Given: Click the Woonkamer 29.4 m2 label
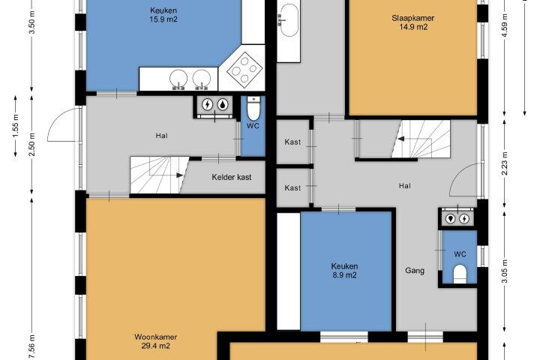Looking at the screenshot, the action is click(x=156, y=341).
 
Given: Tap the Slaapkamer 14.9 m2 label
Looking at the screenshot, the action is click(x=413, y=22).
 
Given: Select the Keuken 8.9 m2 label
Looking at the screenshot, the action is click(x=344, y=271).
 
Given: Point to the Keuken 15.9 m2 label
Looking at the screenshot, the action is click(x=163, y=15).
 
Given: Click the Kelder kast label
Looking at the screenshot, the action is click(x=232, y=177).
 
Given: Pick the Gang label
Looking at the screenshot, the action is click(x=415, y=271).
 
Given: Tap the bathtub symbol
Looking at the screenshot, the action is click(x=289, y=20).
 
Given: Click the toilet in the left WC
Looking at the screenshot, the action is click(x=253, y=108).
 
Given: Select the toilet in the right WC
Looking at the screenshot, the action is click(x=460, y=274).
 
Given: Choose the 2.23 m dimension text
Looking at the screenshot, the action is click(x=505, y=163).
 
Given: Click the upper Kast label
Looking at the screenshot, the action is click(x=292, y=142).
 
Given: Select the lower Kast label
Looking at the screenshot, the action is click(x=292, y=187).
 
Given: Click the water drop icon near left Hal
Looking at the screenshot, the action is click(x=223, y=105).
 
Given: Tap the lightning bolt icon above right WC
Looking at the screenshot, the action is click(x=464, y=218).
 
